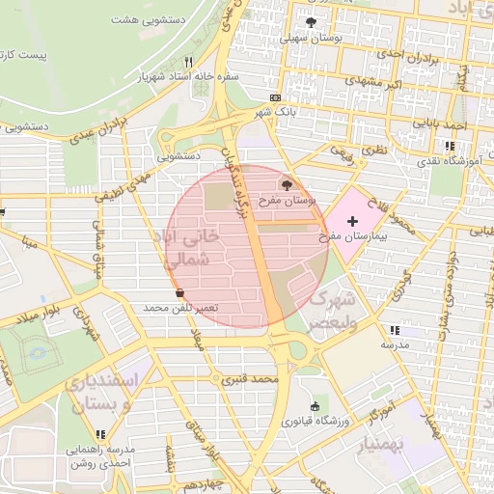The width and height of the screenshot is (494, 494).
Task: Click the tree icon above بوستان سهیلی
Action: pyautogui.click(x=310, y=22)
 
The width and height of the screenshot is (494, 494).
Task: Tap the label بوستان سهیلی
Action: pyautogui.click(x=308, y=40)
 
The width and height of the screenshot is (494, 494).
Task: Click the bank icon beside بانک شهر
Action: pyautogui.click(x=277, y=98)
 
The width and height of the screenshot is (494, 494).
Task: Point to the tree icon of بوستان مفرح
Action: pyautogui.click(x=288, y=184)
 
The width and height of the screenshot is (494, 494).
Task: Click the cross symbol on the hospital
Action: pyautogui.click(x=351, y=222)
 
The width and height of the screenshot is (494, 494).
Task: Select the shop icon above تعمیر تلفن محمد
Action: pyautogui.click(x=179, y=292)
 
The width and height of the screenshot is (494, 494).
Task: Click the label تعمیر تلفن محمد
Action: pyautogui.click(x=180, y=307)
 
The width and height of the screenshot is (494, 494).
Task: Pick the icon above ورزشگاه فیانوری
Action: pyautogui.click(x=315, y=406)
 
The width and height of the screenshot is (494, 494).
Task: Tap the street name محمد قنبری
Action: pyautogui.click(x=250, y=379)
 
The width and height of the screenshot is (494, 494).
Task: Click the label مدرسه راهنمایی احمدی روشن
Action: pyautogui.click(x=99, y=456)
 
